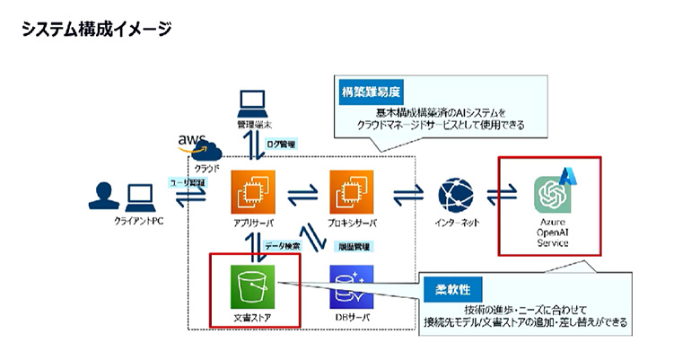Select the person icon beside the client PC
[105, 195]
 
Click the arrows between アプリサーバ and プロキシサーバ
[298, 194]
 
